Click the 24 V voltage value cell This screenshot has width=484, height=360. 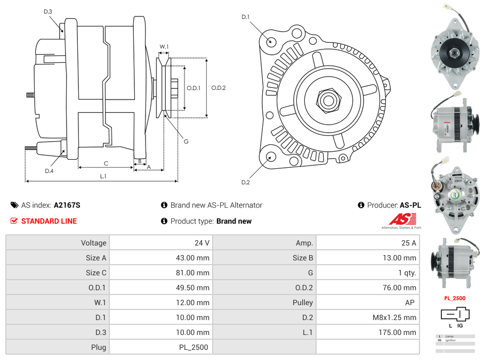pos(201,243)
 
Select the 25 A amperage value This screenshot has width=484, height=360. pos(408,243)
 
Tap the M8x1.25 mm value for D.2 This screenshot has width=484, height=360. pos(394,317)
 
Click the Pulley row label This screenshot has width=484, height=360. pos(303,302)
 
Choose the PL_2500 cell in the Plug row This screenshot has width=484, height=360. pos(193,347)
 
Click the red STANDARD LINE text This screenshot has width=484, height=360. pos(49,221)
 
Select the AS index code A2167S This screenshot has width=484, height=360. pos(67,205)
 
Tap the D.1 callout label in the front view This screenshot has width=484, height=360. pos(245,17)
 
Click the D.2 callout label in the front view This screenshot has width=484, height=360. pos(245,183)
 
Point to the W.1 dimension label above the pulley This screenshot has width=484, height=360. pos(164,47)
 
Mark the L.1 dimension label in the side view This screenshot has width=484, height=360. pos(103,176)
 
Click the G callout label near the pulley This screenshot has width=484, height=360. pos(186,141)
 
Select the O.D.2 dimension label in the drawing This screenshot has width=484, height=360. pos(219,88)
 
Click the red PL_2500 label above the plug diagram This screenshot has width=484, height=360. pos(455,298)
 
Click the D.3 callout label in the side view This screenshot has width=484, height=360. pos(48,12)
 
